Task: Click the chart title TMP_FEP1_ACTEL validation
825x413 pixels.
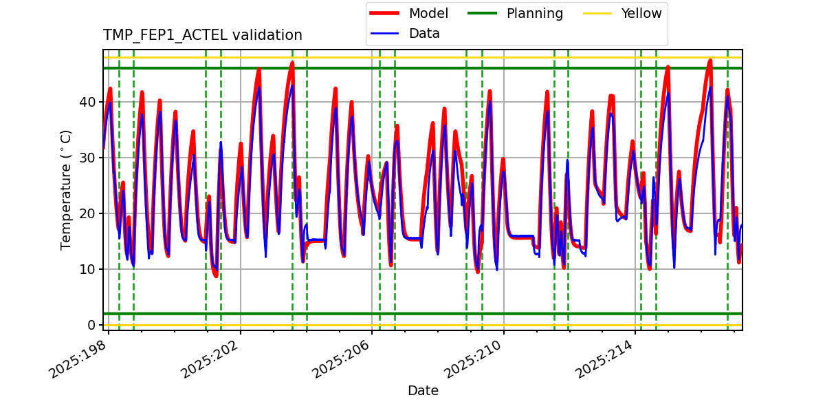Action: tap(202, 35)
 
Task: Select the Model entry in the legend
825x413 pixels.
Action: tap(428, 13)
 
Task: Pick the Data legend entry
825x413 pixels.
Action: tap(423, 33)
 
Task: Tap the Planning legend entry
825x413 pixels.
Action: tap(534, 13)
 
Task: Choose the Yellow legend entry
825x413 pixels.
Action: tap(641, 13)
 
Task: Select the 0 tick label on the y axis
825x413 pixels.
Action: tap(91, 325)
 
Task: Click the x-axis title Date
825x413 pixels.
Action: tap(423, 391)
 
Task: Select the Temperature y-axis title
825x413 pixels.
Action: tap(66, 189)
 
